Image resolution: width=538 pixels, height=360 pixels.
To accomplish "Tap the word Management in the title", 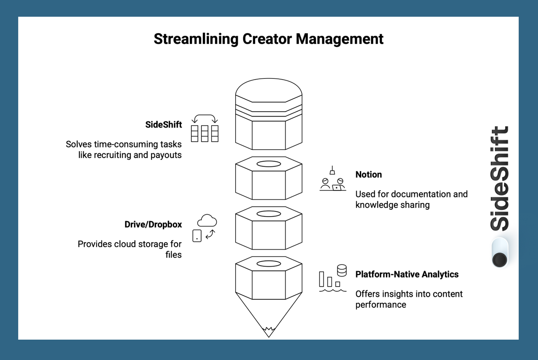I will [x=340, y=39].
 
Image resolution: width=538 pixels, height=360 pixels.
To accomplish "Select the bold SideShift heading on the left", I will [x=163, y=125].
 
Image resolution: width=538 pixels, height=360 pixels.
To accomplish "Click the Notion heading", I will [x=369, y=175].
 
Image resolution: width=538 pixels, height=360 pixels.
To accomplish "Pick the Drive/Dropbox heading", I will [x=153, y=225].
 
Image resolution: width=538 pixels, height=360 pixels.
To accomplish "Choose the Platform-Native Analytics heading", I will [x=407, y=274].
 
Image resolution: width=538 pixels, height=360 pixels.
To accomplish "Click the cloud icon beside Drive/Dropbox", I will [x=207, y=221].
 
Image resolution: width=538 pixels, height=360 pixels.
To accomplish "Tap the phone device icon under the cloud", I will [x=197, y=235].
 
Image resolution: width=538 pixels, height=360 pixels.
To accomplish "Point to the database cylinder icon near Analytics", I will [x=342, y=270].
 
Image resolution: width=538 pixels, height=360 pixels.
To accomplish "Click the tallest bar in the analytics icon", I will [x=322, y=279].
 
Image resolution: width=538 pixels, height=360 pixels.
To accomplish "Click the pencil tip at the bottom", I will [x=269, y=332].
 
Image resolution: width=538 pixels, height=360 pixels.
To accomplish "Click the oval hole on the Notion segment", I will [x=269, y=164].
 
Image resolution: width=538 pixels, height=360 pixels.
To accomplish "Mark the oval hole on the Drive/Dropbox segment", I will [x=269, y=214].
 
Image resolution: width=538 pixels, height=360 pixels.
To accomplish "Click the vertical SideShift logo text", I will [x=500, y=179].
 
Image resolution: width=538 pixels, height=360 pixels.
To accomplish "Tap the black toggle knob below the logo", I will [x=500, y=260].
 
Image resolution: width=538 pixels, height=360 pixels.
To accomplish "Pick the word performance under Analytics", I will [x=380, y=305].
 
